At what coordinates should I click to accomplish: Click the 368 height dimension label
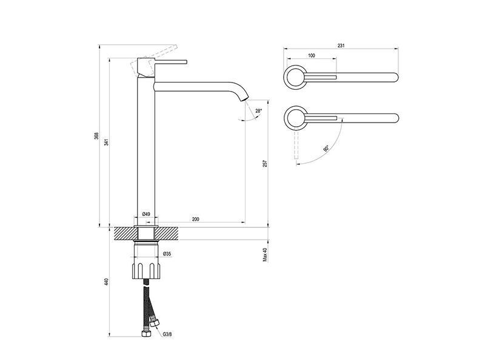[96, 135]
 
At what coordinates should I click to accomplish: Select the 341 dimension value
[107, 143]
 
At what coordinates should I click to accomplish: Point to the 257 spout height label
[265, 164]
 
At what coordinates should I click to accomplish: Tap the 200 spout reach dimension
[195, 219]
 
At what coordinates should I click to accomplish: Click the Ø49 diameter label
[146, 214]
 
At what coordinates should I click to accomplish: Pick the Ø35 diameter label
[167, 254]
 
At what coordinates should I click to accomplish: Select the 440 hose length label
[107, 281]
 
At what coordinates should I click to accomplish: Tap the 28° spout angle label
[259, 110]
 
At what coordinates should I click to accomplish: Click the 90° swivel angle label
[326, 148]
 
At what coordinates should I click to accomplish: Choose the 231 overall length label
[341, 45]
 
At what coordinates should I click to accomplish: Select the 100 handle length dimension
[312, 55]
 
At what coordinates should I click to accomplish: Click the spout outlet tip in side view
[244, 99]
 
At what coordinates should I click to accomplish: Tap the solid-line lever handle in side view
[171, 62]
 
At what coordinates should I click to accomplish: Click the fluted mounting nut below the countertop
[146, 271]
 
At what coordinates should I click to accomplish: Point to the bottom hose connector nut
[145, 334]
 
